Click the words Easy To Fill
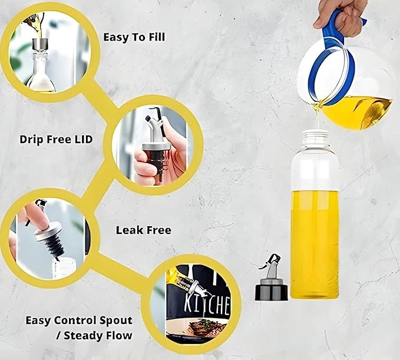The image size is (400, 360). point(134,37)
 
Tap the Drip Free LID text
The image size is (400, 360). point(56,139)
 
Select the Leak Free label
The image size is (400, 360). point(144,230)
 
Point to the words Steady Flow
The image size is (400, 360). point(98,335)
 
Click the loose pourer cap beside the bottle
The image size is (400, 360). point(271,278)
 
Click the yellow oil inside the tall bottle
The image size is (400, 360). point(315,245)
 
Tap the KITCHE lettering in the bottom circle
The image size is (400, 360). point(207,304)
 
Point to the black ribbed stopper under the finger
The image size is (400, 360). point(55,246)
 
